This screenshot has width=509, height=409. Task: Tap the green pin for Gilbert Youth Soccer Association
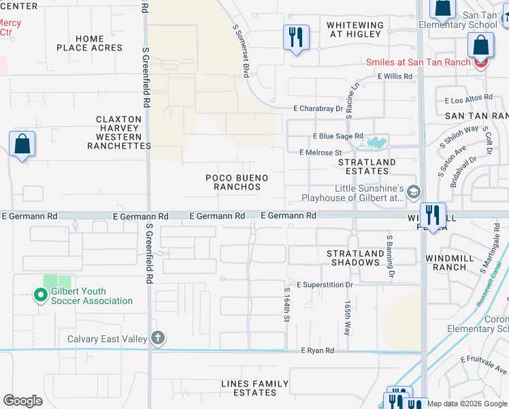point(41,295)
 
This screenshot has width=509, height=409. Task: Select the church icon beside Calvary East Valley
point(157,338)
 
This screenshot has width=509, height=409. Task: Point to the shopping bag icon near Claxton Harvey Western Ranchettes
point(22,145)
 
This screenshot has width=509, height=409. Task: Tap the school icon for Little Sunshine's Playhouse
point(413,193)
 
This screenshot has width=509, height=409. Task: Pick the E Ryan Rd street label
point(318,350)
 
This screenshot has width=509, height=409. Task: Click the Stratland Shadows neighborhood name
point(352,258)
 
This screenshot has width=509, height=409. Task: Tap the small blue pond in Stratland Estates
point(374,142)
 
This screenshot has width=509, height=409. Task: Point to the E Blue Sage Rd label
point(338,136)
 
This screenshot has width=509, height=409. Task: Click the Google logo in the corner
point(22,400)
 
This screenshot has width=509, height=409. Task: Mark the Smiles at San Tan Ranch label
point(418,62)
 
